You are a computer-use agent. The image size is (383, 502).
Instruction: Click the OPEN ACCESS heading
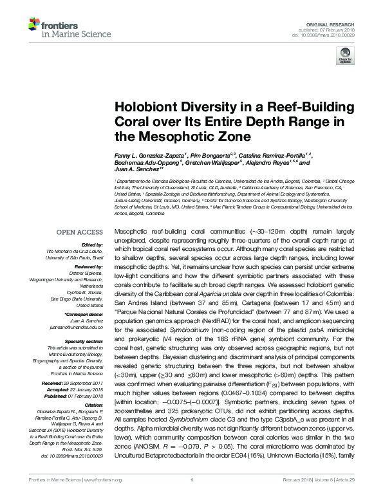(x=79, y=231)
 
